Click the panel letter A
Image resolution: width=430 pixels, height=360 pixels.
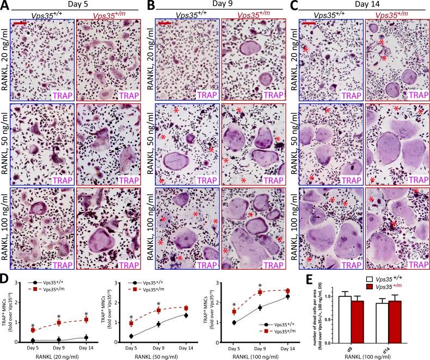(x=5, y=6)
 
